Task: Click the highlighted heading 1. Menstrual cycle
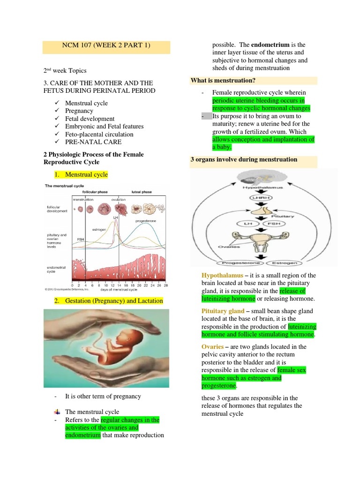point(86,174)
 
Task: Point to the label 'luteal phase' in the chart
point(142,192)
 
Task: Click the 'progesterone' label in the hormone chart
point(146,220)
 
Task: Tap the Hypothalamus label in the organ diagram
point(253,188)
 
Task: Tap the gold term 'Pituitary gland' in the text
point(223,311)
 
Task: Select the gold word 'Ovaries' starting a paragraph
point(212,347)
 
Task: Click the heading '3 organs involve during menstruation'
point(243,159)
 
